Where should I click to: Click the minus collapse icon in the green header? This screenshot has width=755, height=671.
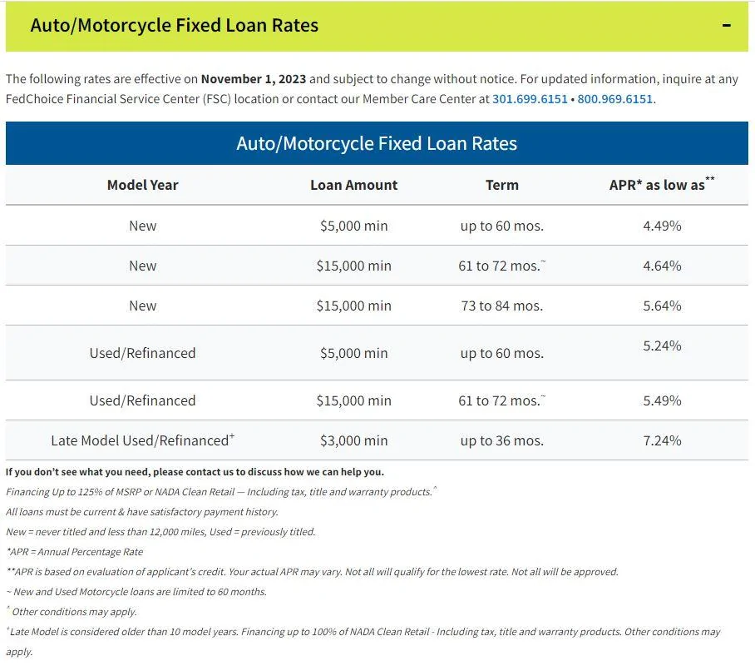tap(727, 25)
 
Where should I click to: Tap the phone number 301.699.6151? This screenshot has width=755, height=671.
tap(530, 99)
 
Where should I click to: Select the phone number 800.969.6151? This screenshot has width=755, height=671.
tap(614, 99)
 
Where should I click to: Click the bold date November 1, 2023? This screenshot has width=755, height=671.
tap(254, 79)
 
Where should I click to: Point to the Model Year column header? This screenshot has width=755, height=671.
tap(142, 185)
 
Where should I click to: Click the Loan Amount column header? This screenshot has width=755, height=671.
tap(354, 185)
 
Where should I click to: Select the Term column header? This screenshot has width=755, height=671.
tap(501, 185)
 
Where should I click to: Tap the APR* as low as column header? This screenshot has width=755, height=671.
tap(662, 184)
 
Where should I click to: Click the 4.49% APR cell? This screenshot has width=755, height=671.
tap(662, 226)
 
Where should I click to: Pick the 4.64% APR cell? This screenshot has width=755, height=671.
tap(662, 266)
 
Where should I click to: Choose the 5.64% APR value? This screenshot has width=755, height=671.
tap(662, 306)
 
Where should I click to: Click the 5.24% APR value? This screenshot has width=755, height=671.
tap(662, 345)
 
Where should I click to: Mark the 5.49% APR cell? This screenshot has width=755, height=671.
tap(662, 400)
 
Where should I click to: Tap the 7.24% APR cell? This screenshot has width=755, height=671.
tap(662, 440)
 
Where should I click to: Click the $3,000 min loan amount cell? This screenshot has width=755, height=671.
tap(354, 440)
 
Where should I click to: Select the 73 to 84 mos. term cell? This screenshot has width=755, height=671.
tap(501, 306)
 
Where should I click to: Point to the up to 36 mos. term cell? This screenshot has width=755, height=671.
tap(501, 440)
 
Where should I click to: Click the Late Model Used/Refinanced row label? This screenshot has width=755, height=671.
tap(142, 440)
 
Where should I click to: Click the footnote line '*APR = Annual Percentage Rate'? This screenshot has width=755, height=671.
tap(75, 552)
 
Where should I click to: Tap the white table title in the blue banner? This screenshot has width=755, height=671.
tap(377, 144)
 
